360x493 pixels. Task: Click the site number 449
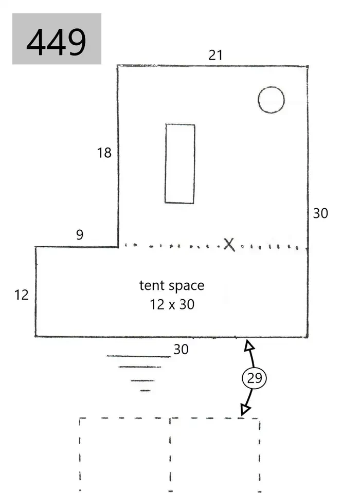[x=56, y=42]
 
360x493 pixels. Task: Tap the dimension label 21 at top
[x=215, y=56]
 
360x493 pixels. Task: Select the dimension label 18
[x=104, y=153]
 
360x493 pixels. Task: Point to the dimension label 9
[x=80, y=234]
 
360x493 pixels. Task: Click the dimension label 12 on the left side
[x=22, y=295]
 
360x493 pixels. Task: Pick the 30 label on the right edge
[x=320, y=213]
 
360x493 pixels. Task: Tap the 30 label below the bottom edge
[x=181, y=349]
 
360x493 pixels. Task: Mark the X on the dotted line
[x=229, y=245]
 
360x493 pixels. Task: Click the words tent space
[x=172, y=285]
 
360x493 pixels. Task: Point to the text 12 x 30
[x=172, y=304]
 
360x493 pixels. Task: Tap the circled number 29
[x=255, y=378]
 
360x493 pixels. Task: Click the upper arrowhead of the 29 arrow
[x=249, y=345]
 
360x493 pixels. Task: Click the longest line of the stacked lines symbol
[x=139, y=356]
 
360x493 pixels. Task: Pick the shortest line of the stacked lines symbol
[x=145, y=391]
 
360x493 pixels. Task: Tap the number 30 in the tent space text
[x=187, y=304]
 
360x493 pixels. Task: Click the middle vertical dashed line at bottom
[x=170, y=454]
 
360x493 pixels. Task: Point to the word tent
[x=152, y=285]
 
